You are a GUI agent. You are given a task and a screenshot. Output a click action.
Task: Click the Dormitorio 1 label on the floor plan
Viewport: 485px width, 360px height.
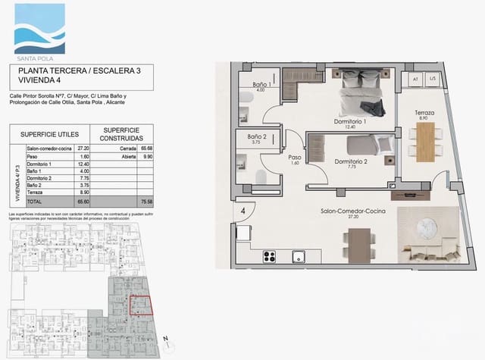(350, 121)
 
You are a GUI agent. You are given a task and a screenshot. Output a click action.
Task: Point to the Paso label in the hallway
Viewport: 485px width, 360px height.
(295, 158)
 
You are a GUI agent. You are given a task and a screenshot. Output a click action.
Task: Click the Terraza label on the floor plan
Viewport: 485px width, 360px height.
(424, 114)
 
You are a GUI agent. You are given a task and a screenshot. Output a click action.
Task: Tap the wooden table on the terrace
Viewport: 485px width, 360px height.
(425, 139)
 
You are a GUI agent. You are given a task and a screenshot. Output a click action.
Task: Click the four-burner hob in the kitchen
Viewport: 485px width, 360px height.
(271, 256)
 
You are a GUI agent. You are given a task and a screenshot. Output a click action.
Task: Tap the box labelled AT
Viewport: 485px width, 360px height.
(415, 79)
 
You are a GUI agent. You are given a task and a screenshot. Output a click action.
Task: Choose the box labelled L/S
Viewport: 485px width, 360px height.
(433, 79)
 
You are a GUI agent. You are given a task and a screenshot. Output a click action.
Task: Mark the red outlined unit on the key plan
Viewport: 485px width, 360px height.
(141, 305)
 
